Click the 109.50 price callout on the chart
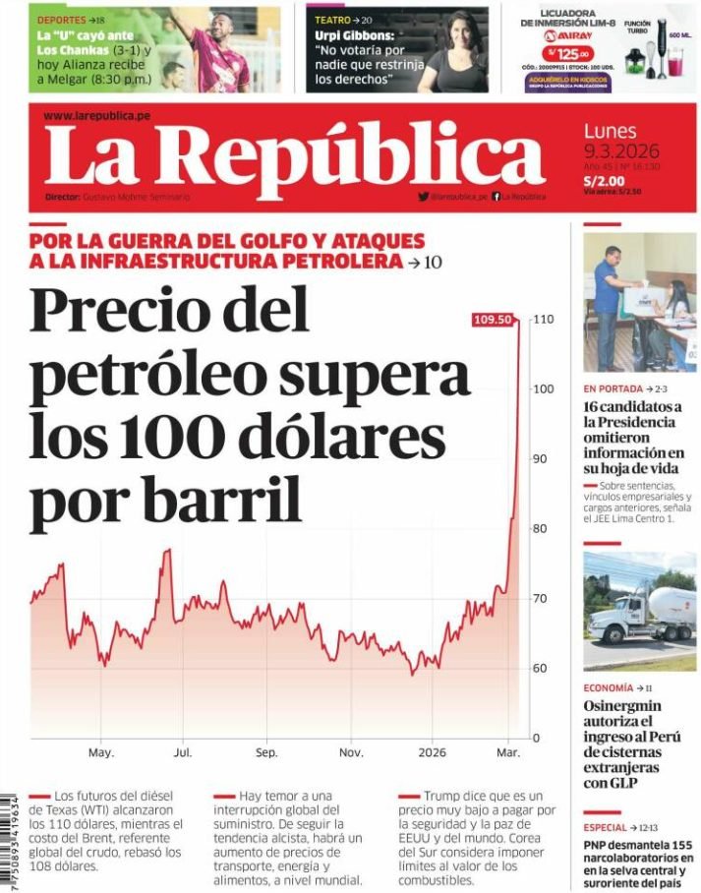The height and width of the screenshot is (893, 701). tap(493, 319)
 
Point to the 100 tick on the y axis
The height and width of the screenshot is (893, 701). tap(544, 388)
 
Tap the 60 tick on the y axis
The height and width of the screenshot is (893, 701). tap(541, 669)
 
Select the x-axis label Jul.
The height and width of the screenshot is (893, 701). tap(183, 752)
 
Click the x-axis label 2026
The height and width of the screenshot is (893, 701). tap(432, 752)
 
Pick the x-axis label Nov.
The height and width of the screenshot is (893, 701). tap(351, 752)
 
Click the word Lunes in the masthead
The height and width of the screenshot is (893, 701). tap(610, 131)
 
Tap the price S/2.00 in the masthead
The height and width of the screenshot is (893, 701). tap(604, 181)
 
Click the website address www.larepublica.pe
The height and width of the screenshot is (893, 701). tap(96, 115)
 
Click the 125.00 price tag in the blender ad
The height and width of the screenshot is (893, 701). tap(569, 54)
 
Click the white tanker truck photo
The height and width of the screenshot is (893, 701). tap(639, 611)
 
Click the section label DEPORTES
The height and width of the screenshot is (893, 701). tap(60, 20)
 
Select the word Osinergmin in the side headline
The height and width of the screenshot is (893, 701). tap(622, 706)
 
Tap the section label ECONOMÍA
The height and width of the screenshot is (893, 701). tap(608, 687)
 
